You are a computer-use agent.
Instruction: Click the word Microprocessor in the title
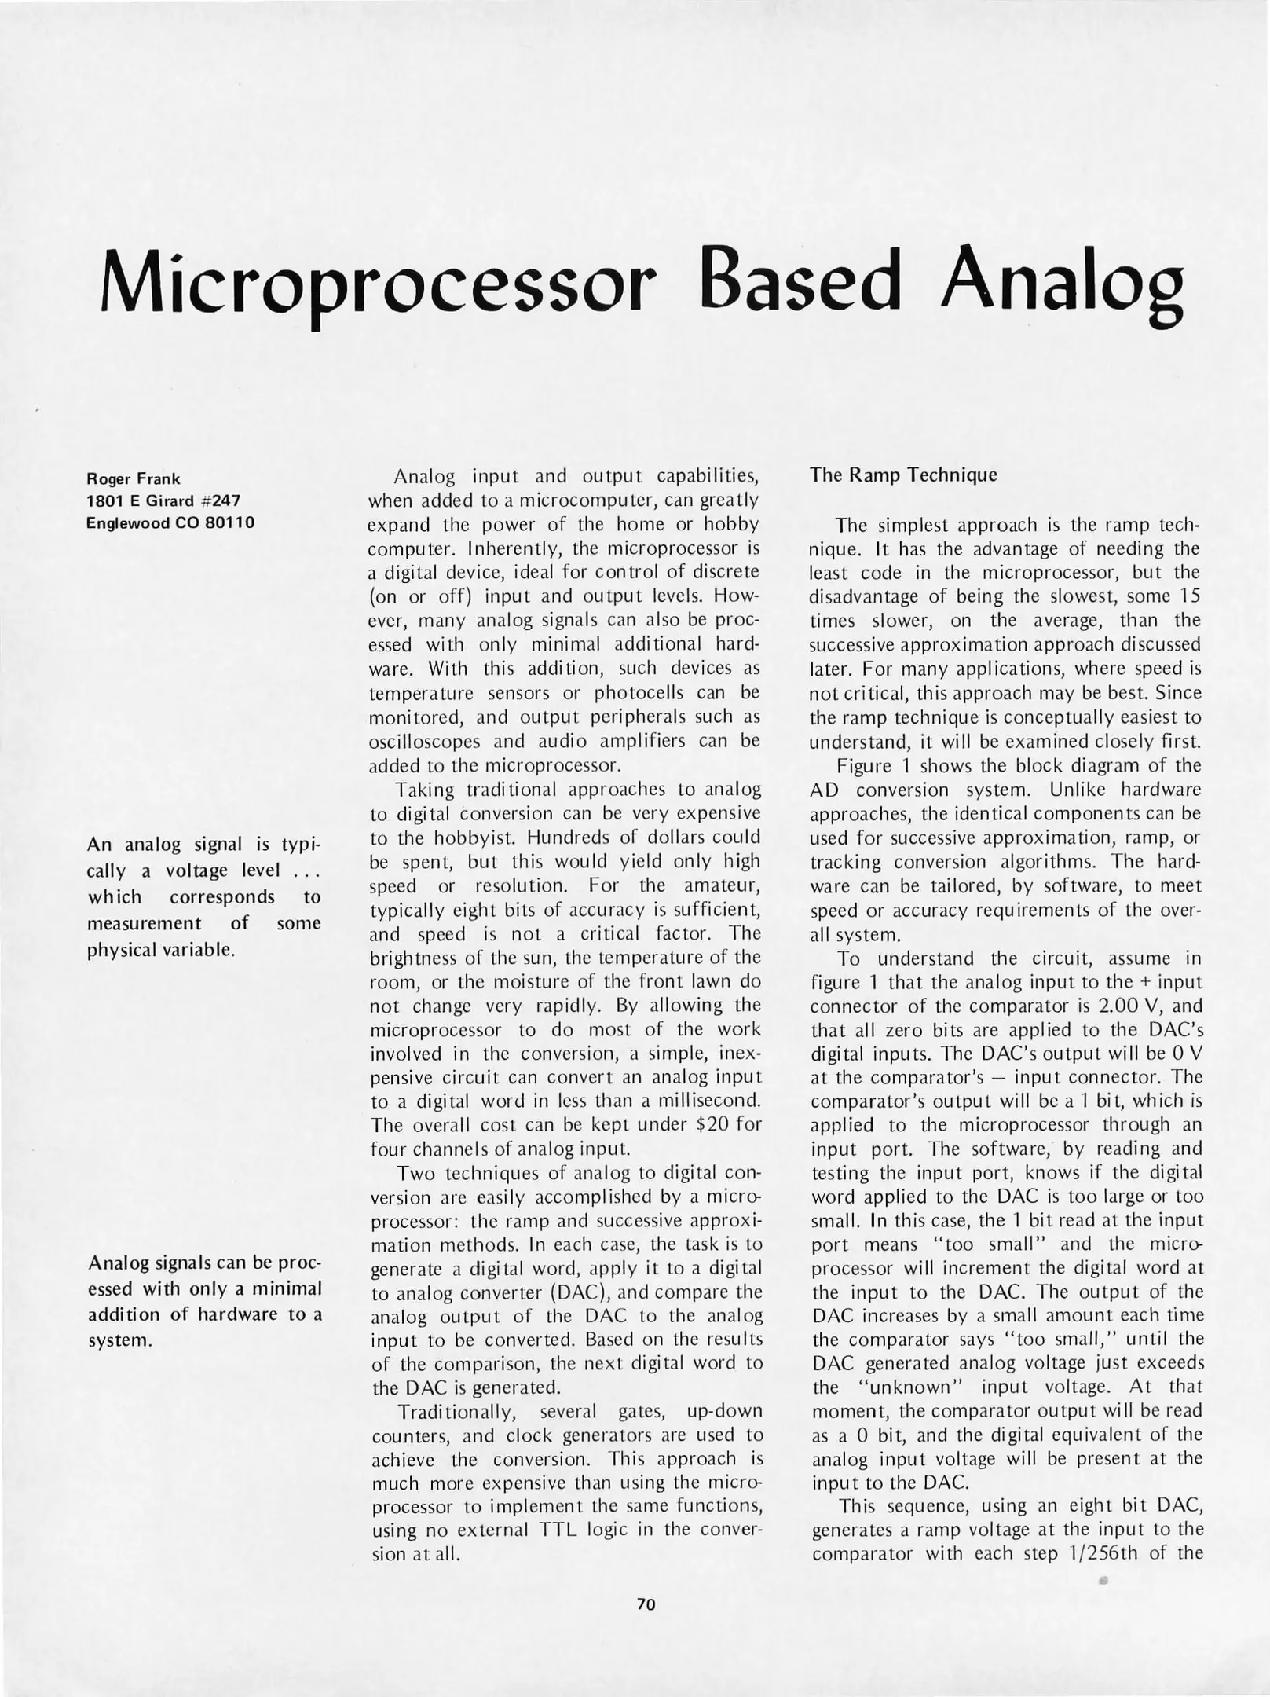click(x=377, y=289)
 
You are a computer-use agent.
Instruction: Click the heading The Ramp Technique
click(x=903, y=475)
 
